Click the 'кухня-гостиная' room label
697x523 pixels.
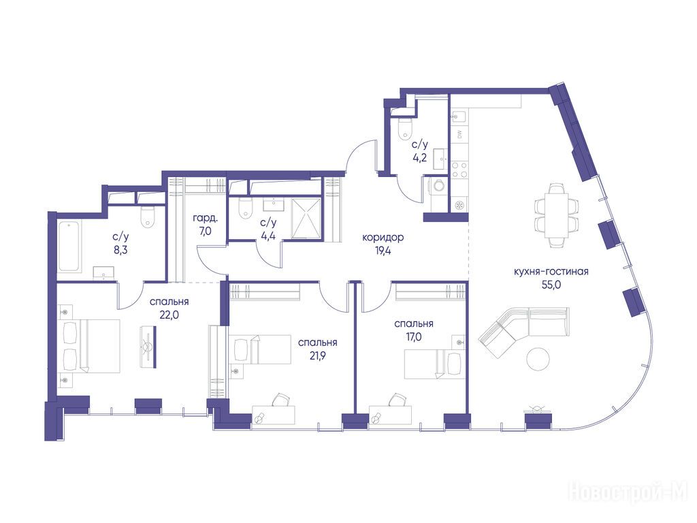tap(551, 271)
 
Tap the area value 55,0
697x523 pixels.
tap(551, 285)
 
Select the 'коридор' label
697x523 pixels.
tap(383, 238)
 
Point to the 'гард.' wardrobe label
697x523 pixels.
tap(206, 219)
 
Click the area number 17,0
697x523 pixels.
tap(413, 337)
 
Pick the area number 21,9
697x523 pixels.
tap(317, 355)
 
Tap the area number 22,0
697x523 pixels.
tap(169, 315)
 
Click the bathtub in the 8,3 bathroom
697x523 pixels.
tap(69, 246)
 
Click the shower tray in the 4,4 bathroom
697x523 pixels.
tap(306, 219)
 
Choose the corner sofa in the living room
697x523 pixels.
tap(523, 330)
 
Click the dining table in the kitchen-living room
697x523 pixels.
tap(557, 215)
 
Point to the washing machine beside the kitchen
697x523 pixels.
tap(439, 185)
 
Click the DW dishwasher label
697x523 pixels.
tap(459, 135)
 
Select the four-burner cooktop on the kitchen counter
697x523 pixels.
tap(459, 170)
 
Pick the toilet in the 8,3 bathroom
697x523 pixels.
tap(147, 217)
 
